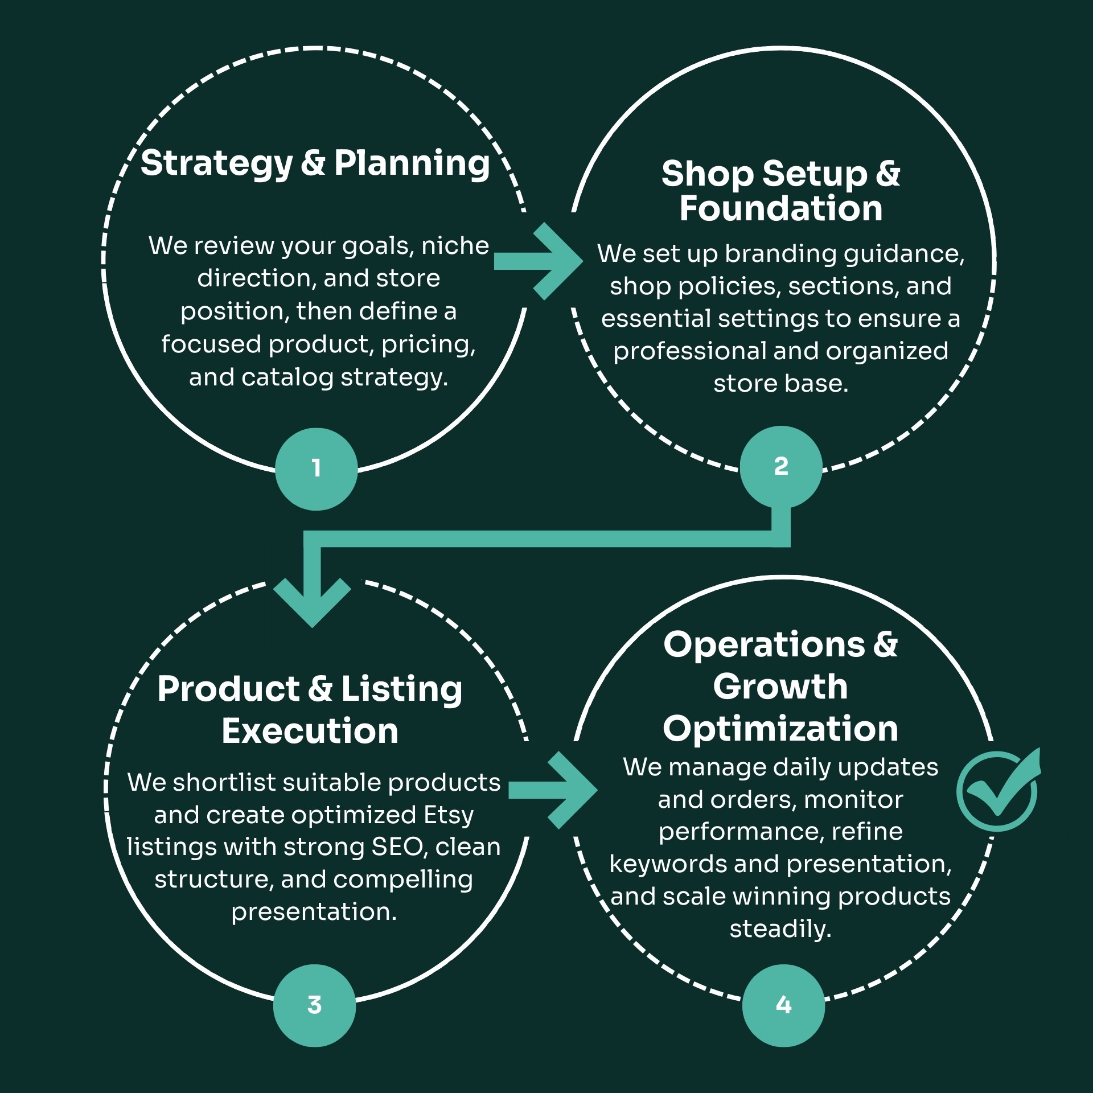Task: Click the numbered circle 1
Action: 316,469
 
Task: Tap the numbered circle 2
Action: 781,467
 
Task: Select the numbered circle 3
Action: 314,1005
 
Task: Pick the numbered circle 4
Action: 783,1005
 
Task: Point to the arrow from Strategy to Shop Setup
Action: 539,261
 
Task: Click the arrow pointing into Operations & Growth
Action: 553,790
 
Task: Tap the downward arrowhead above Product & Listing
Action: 312,602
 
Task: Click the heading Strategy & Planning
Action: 315,163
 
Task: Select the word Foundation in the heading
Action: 781,208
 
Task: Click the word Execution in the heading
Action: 310,731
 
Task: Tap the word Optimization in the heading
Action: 780,729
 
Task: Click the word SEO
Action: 400,847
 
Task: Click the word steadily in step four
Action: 780,929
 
